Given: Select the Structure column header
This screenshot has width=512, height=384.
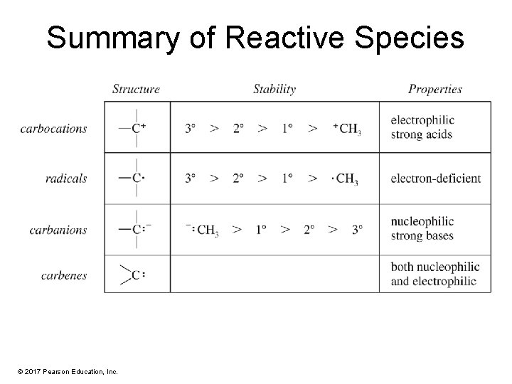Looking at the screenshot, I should click(x=136, y=90).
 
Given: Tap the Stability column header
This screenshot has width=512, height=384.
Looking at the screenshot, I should click(x=274, y=90).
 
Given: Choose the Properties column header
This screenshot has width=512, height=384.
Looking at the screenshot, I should click(x=434, y=90).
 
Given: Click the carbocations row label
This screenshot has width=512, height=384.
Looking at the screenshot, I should click(x=54, y=129).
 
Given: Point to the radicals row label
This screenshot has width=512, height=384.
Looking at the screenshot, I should click(x=66, y=178).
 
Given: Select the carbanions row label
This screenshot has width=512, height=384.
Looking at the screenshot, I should click(x=58, y=230).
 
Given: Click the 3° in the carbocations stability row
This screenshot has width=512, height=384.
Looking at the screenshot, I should click(x=191, y=129).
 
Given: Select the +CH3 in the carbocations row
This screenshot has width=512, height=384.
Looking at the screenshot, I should click(x=347, y=129).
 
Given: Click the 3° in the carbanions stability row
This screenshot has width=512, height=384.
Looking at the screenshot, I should click(x=357, y=230).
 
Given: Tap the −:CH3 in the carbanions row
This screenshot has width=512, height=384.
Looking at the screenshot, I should click(x=203, y=230).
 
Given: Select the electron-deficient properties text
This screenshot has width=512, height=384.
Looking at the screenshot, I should click(x=435, y=178).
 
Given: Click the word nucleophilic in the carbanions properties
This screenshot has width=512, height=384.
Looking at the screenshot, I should click(x=422, y=222).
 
